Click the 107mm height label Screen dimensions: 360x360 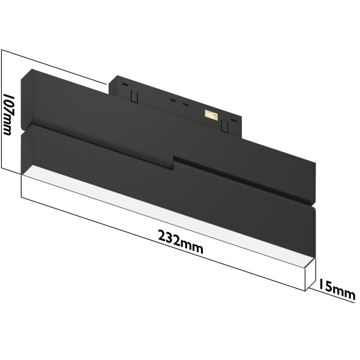(x=8, y=113)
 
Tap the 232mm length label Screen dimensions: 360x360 (x=181, y=243)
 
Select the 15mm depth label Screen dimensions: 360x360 (x=337, y=289)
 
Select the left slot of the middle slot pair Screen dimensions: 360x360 (x=173, y=101)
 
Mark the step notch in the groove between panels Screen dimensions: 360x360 (x=175, y=160)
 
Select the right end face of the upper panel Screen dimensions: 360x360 (x=313, y=183)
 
